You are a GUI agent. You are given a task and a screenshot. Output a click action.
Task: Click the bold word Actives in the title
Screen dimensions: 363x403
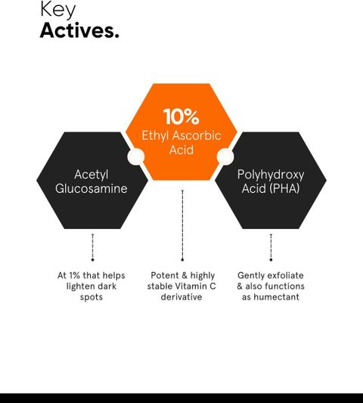click(x=77, y=30)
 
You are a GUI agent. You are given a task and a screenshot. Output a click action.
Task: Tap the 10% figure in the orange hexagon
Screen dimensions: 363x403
click(x=181, y=116)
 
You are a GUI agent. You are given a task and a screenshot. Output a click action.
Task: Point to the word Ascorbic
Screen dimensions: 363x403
click(x=197, y=135)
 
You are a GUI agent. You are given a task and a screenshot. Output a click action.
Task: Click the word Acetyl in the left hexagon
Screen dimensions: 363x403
click(x=91, y=175)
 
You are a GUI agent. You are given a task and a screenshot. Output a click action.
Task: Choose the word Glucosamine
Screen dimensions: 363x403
click(x=92, y=188)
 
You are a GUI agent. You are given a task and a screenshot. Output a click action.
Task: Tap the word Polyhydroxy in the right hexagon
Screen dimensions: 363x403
click(x=271, y=175)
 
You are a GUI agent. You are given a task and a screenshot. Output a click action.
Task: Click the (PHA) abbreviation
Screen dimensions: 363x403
click(x=284, y=188)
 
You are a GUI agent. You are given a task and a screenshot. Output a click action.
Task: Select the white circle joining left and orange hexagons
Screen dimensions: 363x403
click(x=136, y=156)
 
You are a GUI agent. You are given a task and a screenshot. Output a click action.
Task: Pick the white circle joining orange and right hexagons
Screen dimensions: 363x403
click(x=225, y=157)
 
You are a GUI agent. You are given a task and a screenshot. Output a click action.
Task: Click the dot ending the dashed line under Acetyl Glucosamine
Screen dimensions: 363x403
click(x=92, y=260)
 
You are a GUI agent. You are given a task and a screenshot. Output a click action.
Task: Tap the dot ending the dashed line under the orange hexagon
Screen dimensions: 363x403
click(x=182, y=260)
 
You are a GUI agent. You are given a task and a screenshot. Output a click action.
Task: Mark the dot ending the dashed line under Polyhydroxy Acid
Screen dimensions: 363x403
click(x=271, y=260)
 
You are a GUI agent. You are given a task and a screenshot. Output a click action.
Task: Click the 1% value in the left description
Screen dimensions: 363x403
click(x=75, y=275)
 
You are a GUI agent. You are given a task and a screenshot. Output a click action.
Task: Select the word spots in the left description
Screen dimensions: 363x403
click(x=92, y=297)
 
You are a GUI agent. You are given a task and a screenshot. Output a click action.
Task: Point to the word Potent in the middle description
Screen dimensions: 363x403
click(x=165, y=275)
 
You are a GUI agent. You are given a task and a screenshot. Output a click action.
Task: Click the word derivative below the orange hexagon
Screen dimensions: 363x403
click(x=181, y=297)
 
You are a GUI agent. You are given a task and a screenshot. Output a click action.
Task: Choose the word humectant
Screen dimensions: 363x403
click(x=277, y=297)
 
